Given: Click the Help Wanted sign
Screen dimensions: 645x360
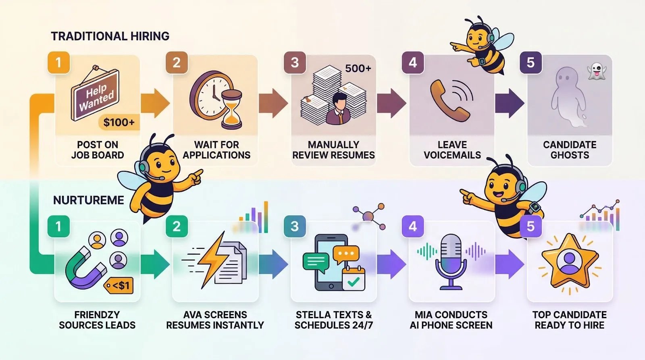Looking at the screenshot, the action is coord(96,96).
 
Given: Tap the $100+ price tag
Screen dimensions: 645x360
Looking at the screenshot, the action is coord(119,122).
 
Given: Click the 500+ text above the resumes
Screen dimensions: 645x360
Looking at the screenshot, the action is coord(358,69).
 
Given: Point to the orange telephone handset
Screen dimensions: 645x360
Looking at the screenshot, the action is coord(447,101).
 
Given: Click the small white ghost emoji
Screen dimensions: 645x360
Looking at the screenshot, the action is coord(597,71).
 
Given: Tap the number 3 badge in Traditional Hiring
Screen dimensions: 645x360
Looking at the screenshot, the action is coord(295,62).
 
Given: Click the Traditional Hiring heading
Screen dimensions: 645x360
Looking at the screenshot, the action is coord(110,36).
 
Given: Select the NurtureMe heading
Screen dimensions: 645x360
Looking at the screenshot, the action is coord(89,200).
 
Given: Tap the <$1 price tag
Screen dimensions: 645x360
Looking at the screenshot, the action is coord(119,286).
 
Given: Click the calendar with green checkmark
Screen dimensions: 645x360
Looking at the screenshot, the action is coord(353,279).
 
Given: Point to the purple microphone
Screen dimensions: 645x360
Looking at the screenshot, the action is coord(451,260).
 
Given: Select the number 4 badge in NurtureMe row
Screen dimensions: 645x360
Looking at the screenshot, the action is coord(412,226).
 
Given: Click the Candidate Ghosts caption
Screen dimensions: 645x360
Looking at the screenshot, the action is coord(569,150).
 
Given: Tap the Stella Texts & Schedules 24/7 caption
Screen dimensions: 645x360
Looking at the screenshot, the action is coord(333,320).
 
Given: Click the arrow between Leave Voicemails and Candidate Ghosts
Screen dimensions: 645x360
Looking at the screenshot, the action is coord(509,103).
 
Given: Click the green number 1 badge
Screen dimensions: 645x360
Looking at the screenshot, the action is coord(58,226).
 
